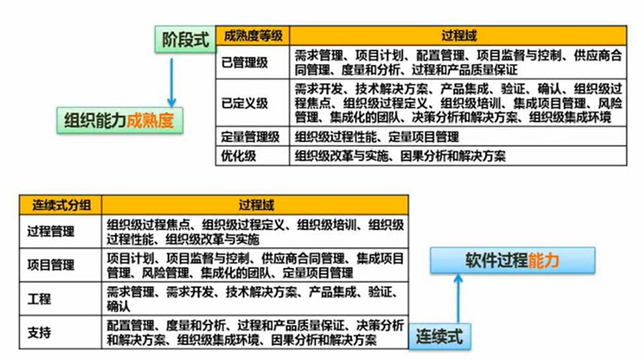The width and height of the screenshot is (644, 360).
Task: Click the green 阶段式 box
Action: click(185, 40)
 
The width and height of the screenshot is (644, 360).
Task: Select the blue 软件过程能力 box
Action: click(512, 261)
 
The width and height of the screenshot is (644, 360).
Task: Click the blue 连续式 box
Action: click(440, 336)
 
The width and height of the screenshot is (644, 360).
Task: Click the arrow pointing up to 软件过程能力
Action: click(458, 297)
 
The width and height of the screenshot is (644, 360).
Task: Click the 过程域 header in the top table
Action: click(458, 36)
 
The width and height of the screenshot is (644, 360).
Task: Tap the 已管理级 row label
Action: click(245, 62)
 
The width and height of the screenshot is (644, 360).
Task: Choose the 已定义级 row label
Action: click(245, 103)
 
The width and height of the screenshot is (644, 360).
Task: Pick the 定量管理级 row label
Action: click(250, 137)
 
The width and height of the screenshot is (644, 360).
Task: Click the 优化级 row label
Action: click(239, 156)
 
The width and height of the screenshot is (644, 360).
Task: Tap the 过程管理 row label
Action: click(51, 232)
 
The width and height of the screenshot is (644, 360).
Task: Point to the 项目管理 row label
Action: click(51, 265)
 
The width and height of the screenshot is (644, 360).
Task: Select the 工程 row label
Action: click(39, 299)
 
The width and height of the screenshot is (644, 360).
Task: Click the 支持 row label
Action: click(39, 333)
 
